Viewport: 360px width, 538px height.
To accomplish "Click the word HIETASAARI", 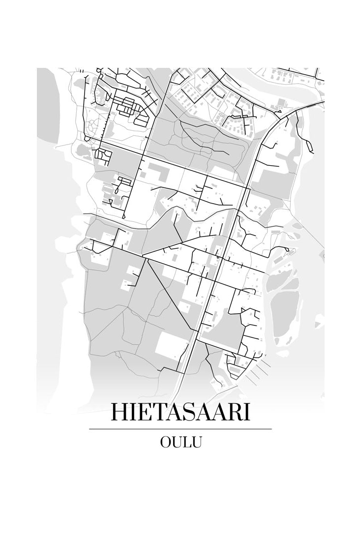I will tap(180, 412).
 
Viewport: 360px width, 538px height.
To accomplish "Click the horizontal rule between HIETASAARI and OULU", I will tap(180, 429).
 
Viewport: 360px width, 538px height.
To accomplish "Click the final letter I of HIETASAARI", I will tap(246, 412).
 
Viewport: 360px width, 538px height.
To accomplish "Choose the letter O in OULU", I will tap(166, 442).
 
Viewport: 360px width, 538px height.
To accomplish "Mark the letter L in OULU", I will tap(187, 442).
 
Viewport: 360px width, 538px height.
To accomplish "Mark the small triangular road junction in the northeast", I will tap(281, 114).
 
